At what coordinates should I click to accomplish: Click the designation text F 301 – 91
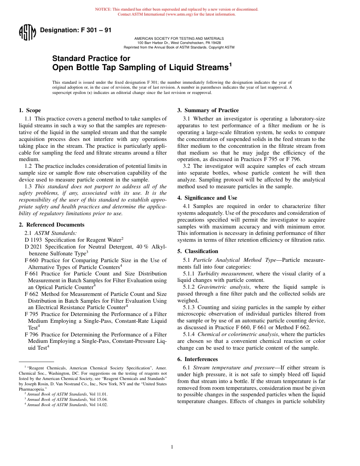(x=75, y=30)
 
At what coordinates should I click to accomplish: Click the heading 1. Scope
(x=30, y=111)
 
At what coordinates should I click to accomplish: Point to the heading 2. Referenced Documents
(x=52, y=225)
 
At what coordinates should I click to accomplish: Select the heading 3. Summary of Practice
(x=208, y=111)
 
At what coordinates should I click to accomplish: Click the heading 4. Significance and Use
(x=207, y=198)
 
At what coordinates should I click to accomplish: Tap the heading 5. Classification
(x=198, y=251)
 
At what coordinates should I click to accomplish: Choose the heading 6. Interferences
(x=197, y=359)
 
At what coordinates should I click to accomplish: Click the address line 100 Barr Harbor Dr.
(x=179, y=43)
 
